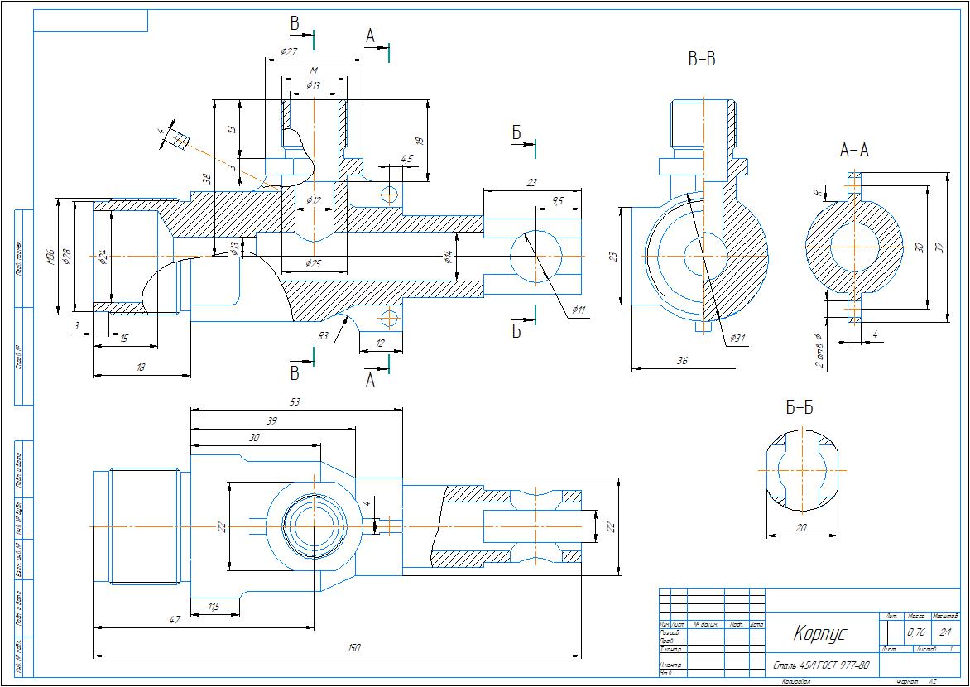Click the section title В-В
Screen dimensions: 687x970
coord(701,59)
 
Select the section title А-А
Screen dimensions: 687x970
coord(854,150)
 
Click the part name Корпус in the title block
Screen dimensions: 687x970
coord(820,634)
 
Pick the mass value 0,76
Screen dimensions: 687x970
coord(916,632)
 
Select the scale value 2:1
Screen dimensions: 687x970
coord(944,632)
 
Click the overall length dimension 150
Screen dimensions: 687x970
coord(354,648)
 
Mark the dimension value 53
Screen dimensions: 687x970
coord(295,401)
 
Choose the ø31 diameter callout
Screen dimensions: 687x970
coord(738,338)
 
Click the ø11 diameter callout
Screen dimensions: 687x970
coord(578,310)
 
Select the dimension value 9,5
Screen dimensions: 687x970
coord(557,201)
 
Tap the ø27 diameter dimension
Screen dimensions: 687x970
coord(289,51)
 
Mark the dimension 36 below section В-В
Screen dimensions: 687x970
coord(683,360)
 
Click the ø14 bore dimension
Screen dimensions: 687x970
coord(448,257)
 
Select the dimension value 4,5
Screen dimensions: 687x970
coord(406,158)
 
